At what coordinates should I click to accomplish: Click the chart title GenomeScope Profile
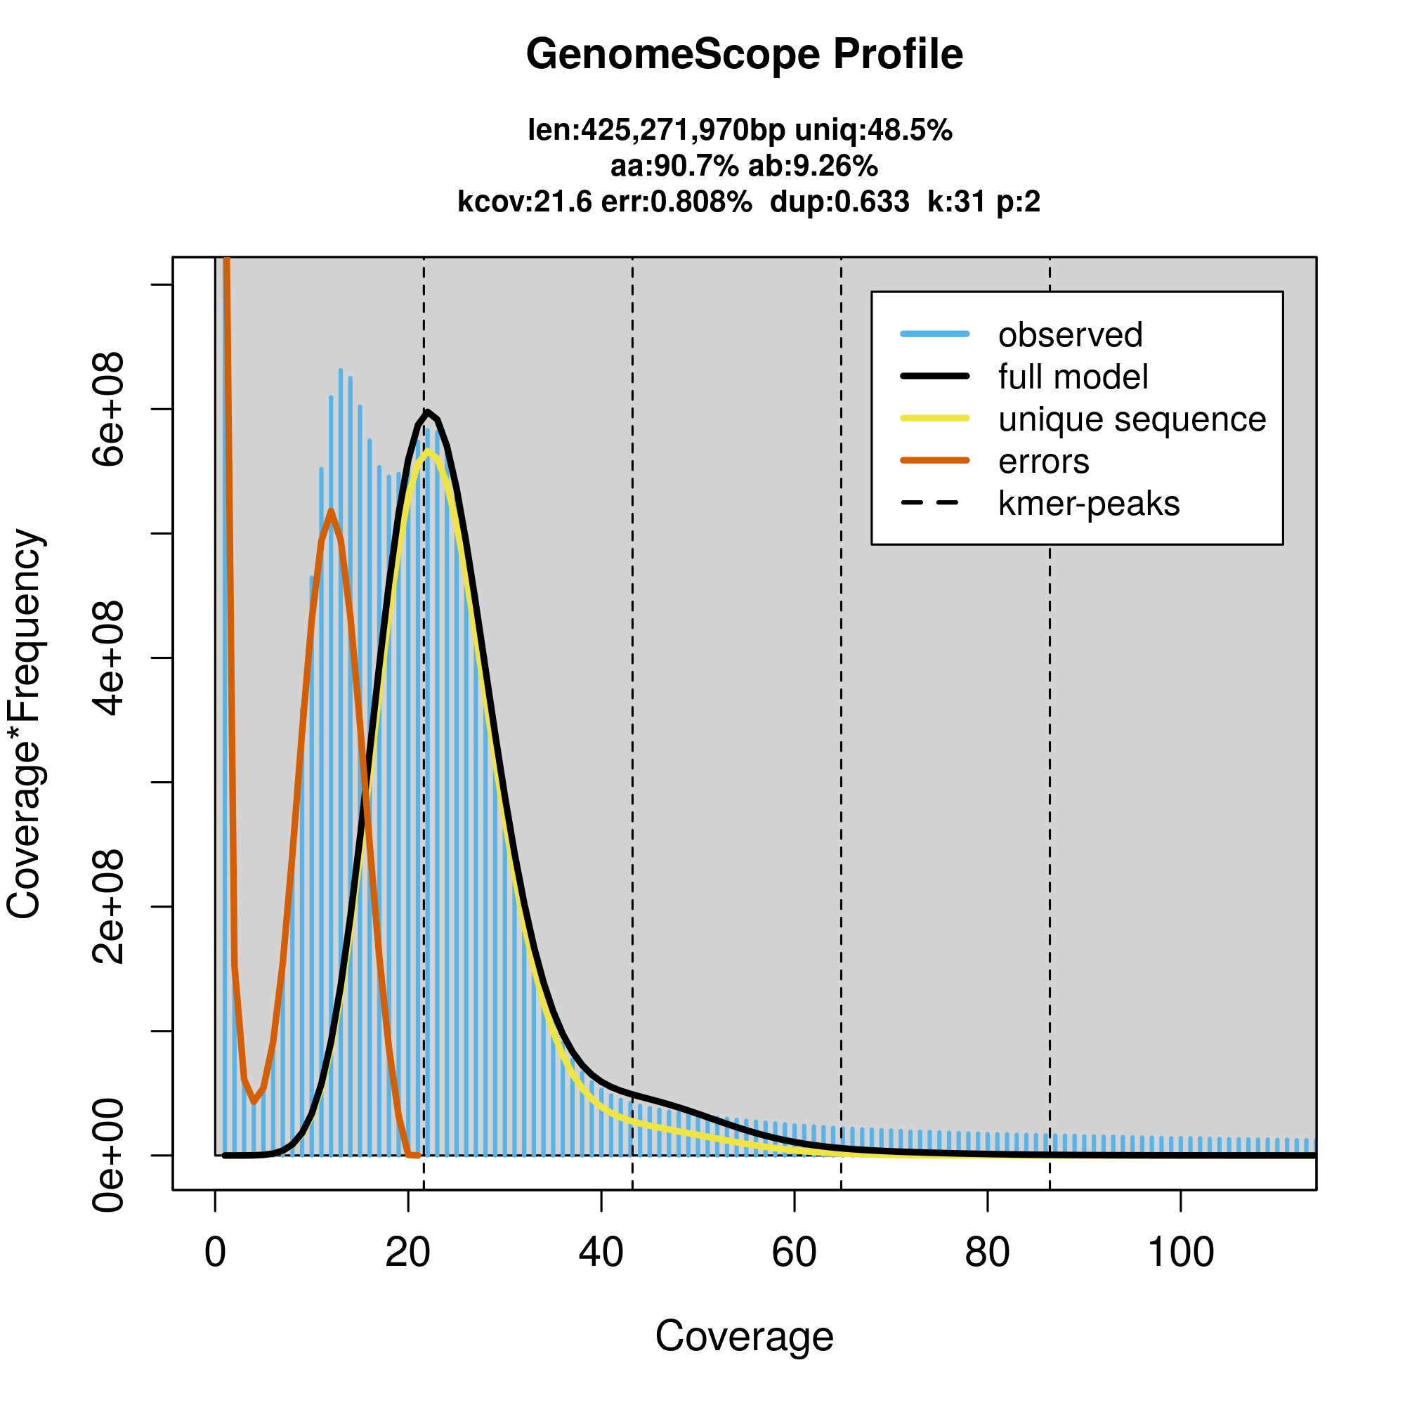pyautogui.click(x=744, y=55)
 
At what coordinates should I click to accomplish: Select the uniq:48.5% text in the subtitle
pyautogui.click(x=873, y=130)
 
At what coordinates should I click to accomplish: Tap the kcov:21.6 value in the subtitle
pyautogui.click(x=524, y=202)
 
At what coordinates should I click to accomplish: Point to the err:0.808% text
pyautogui.click(x=677, y=202)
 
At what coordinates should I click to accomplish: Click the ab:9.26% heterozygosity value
pyautogui.click(x=813, y=166)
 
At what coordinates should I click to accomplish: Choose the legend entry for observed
pyautogui.click(x=1070, y=335)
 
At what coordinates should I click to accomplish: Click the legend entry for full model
pyautogui.click(x=1073, y=377)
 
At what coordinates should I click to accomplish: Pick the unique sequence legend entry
pyautogui.click(x=1132, y=419)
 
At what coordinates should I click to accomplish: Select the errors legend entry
pyautogui.click(x=1044, y=462)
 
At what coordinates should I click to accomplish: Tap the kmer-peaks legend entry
pyautogui.click(x=1089, y=504)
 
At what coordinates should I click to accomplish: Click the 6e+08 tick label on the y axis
pyautogui.click(x=107, y=409)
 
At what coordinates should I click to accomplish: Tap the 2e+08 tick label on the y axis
pyautogui.click(x=107, y=906)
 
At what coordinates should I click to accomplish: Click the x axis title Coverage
pyautogui.click(x=744, y=1336)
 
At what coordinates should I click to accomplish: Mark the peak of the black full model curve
pyautogui.click(x=429, y=412)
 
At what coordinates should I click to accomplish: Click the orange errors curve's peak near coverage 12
pyautogui.click(x=332, y=511)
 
